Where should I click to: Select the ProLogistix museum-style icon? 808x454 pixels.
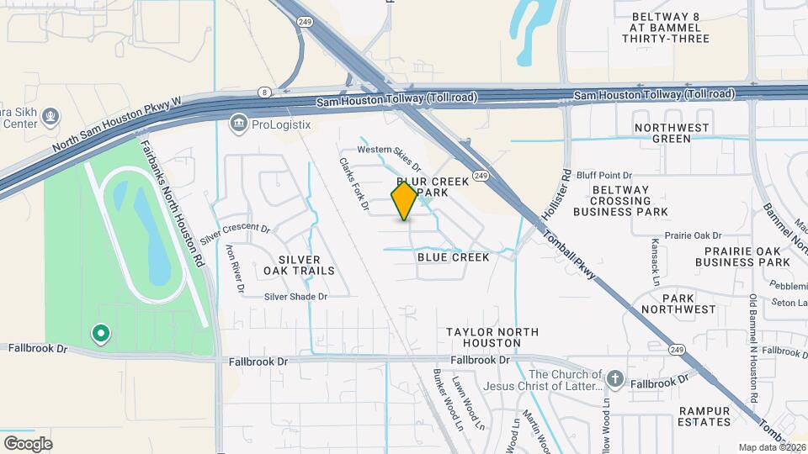click(238, 125)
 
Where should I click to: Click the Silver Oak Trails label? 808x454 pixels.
click(299, 265)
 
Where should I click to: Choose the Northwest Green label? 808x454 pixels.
click(673, 133)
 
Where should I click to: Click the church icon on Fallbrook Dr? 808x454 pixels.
click(615, 379)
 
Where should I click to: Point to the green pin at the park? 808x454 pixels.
click(101, 335)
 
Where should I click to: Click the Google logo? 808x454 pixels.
click(28, 443)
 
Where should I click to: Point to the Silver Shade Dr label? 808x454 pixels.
click(295, 296)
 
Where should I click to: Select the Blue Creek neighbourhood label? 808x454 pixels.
click(453, 257)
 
